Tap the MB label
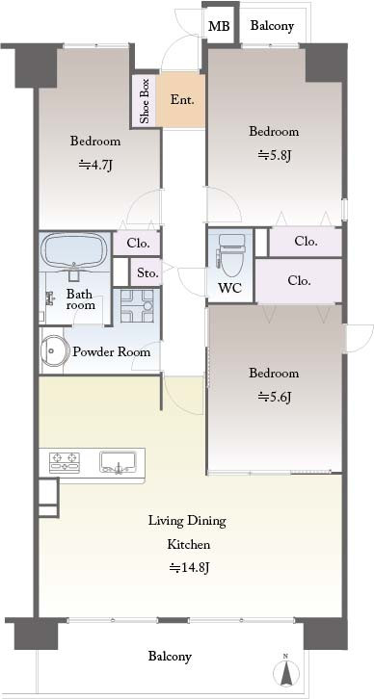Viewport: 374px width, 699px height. pos(219,27)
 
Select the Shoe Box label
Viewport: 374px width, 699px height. pos(145,101)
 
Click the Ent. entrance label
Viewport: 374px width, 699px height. pos(182,100)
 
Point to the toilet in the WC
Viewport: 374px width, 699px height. pos(230,254)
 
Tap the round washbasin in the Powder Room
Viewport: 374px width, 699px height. pos(53,350)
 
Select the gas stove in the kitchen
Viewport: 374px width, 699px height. pos(65,462)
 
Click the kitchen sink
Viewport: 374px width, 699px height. pos(118,462)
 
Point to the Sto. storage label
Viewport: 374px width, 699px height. pos(147,272)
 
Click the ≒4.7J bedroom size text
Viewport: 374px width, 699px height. pos(95,166)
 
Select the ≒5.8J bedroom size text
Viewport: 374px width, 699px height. pos(274,156)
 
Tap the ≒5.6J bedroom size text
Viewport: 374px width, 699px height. pos(274,397)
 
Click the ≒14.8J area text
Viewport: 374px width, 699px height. pos(188,568)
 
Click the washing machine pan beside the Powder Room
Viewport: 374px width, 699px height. pos(137,305)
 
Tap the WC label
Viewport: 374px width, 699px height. pos(229,288)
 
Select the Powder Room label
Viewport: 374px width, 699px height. pos(112,351)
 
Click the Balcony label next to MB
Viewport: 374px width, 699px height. pos(272,26)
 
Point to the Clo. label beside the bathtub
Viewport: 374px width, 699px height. pos(138,244)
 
